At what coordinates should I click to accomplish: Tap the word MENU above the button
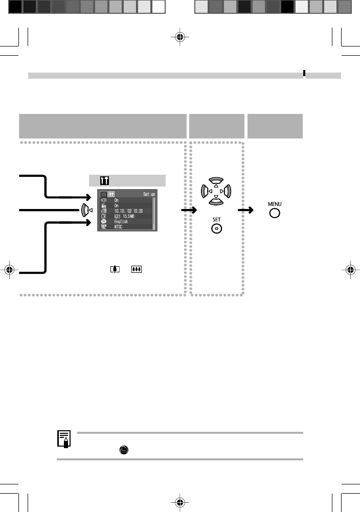point(274,203)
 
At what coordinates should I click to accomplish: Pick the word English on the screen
point(121,222)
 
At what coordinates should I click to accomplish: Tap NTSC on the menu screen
point(119,227)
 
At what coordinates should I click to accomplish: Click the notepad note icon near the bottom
point(64,438)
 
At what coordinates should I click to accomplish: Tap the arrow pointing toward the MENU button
point(247,210)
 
